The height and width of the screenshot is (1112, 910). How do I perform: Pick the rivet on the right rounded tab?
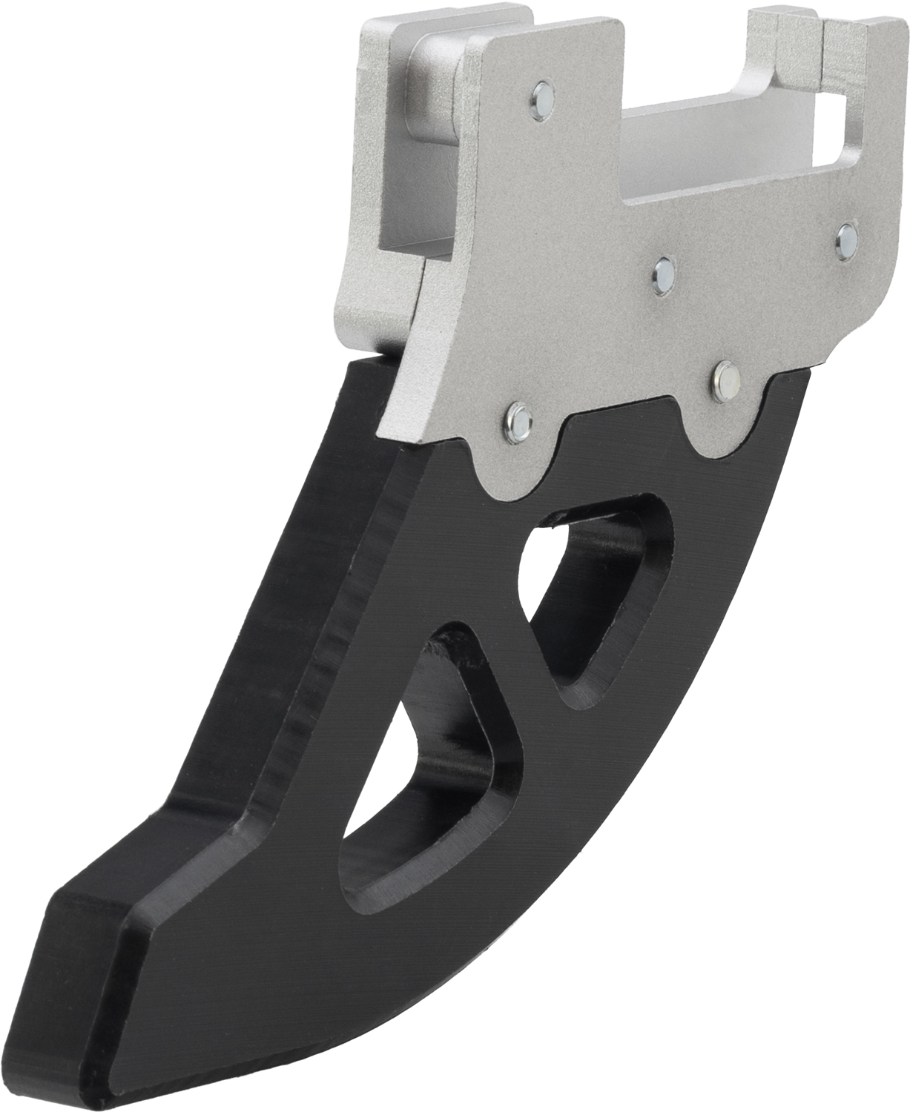(722, 378)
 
